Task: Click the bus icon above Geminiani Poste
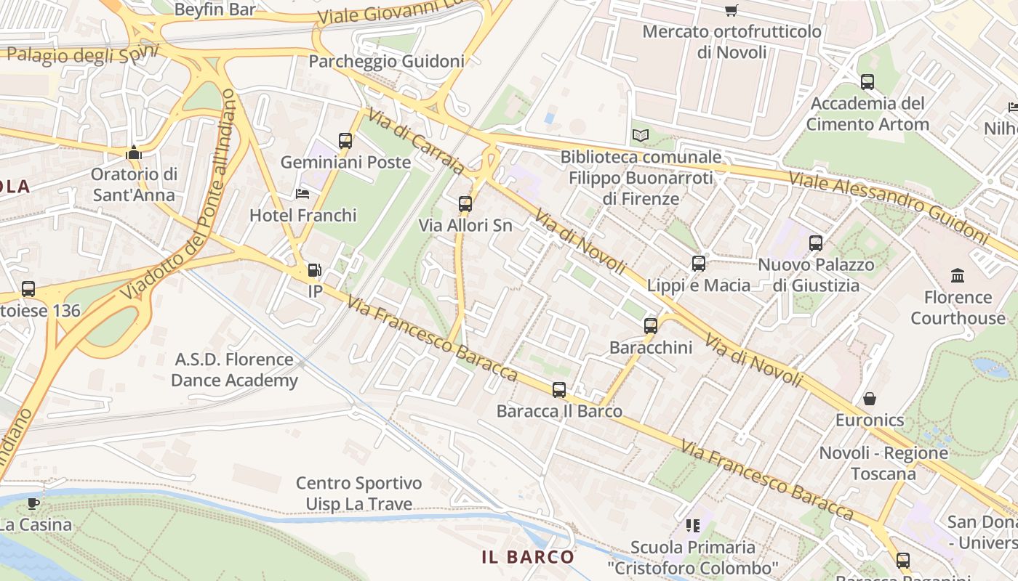(345, 141)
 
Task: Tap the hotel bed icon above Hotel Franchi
(302, 194)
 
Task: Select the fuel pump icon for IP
(314, 270)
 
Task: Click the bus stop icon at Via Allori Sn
(465, 204)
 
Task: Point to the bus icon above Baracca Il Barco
(558, 390)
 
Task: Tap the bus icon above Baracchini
(651, 326)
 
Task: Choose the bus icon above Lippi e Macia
(699, 264)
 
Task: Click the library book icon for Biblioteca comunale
(640, 136)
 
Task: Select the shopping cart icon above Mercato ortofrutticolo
(731, 10)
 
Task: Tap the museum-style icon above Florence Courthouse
(958, 276)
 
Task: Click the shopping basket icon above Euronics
(869, 399)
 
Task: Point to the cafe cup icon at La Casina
(33, 503)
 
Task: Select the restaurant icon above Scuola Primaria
(693, 525)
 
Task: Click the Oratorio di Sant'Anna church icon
(133, 153)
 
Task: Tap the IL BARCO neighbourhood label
(528, 557)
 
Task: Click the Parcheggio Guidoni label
(386, 61)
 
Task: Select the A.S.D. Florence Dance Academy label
(234, 370)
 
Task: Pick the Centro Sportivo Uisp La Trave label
(358, 493)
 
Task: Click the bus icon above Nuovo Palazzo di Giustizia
(816, 243)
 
